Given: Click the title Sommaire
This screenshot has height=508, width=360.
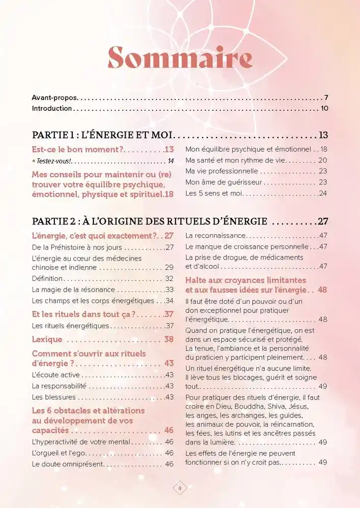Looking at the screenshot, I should (x=180, y=58).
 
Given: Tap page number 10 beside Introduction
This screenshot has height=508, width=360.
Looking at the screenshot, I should (x=325, y=108).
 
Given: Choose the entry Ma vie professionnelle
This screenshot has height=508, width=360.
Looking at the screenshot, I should (x=222, y=171).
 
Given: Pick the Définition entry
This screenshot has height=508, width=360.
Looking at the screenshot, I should (x=47, y=278).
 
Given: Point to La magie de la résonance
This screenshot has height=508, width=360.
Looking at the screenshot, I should (x=73, y=290).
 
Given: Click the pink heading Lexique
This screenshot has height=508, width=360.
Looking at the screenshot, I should (x=47, y=339).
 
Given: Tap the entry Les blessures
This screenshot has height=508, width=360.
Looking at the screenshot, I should (x=52, y=397).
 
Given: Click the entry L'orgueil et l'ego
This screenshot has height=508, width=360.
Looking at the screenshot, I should (x=61, y=453).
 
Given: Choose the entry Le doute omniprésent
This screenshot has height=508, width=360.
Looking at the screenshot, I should (x=68, y=464).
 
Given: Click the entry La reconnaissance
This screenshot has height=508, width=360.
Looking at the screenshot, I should (x=216, y=236).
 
